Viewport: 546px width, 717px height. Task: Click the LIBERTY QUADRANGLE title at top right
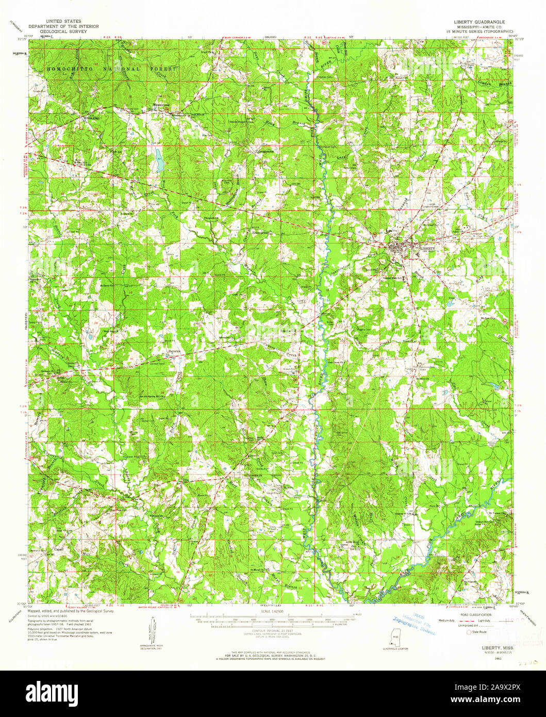[479, 22]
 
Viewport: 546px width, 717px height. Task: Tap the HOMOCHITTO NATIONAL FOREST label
[111, 69]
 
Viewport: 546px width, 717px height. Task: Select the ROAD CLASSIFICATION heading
[469, 615]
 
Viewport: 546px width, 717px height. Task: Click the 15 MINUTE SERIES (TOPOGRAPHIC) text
[479, 31]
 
